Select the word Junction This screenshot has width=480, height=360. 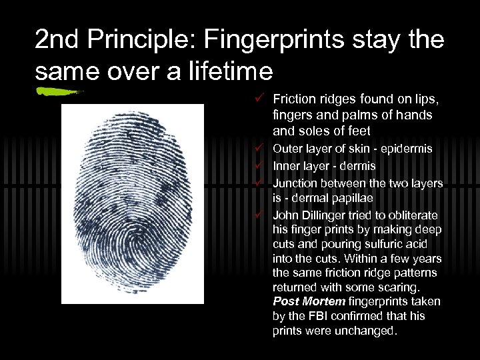pos(295,182)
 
